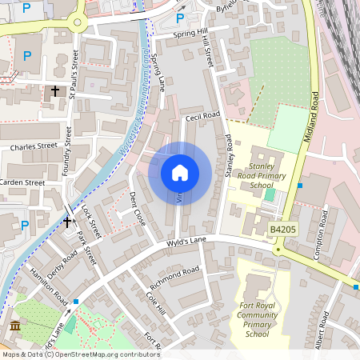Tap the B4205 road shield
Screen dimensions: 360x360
283,230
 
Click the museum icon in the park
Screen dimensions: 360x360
15,326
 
